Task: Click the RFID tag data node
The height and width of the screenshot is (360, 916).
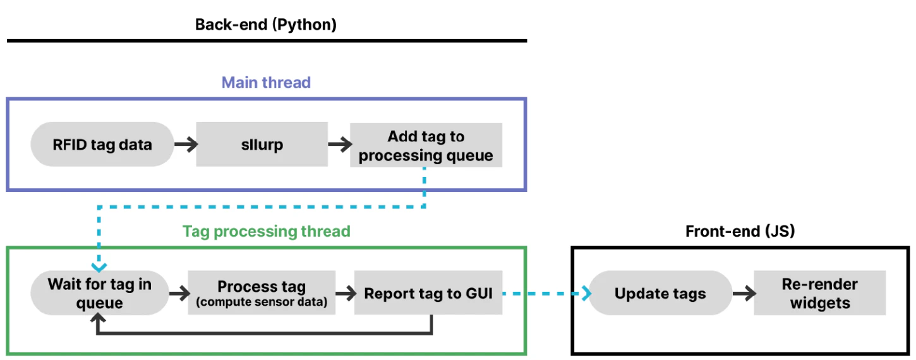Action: [102, 145]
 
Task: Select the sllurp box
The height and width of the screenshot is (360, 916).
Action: [262, 145]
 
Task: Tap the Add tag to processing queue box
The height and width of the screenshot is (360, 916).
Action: [426, 145]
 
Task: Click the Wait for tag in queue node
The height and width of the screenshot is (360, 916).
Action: [99, 294]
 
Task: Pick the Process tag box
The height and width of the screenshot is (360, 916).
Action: [262, 293]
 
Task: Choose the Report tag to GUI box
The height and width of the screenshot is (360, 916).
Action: [428, 293]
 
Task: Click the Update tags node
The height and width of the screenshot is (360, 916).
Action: [660, 293]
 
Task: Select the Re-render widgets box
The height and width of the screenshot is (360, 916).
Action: [820, 293]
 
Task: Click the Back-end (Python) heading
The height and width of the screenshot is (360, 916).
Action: [265, 25]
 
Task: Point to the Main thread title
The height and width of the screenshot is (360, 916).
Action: [265, 82]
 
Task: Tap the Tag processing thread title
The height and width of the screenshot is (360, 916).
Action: [266, 231]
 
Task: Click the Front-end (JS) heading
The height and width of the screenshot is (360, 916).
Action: [740, 231]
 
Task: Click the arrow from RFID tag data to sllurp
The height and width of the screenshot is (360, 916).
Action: [184, 145]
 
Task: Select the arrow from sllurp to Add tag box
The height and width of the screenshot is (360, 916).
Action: [339, 145]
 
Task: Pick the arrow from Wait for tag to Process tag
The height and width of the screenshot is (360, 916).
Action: [179, 293]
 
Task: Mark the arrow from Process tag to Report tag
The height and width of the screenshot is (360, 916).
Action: [344, 293]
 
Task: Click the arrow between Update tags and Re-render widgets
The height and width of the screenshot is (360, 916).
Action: [743, 293]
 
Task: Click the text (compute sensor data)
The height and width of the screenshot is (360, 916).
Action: [262, 302]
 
